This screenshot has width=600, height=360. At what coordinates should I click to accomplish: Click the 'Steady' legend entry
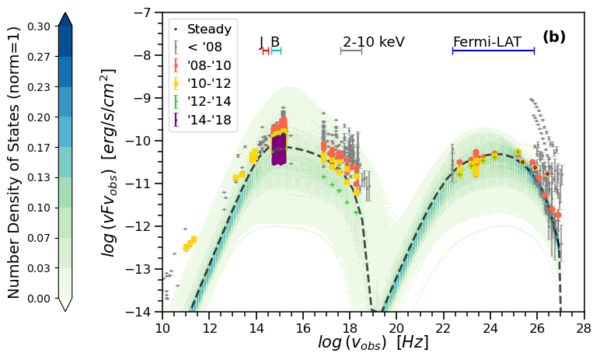click(209, 30)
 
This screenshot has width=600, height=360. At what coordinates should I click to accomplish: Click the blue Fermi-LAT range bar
click(494, 51)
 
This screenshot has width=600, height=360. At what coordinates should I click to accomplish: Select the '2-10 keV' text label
click(374, 42)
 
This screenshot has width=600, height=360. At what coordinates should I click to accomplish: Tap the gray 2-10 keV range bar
click(351, 51)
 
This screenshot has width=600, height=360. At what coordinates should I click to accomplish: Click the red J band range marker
click(265, 51)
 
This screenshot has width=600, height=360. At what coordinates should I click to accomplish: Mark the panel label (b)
click(554, 37)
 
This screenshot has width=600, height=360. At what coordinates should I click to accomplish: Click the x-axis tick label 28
click(584, 328)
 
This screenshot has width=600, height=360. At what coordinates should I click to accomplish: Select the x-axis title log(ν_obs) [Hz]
click(373, 343)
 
